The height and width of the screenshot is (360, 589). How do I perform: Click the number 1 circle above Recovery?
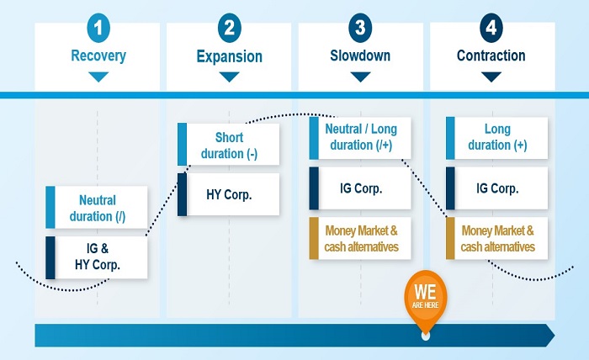tap(98, 28)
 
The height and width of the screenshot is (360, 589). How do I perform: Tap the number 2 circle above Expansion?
tap(229, 28)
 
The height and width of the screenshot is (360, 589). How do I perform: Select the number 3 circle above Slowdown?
tap(360, 28)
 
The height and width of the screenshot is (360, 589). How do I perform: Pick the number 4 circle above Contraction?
tap(491, 28)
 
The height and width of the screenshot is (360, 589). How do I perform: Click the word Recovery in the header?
tap(98, 56)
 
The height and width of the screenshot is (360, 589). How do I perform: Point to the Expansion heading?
tap(229, 57)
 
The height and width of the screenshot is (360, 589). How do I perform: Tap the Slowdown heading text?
tap(360, 56)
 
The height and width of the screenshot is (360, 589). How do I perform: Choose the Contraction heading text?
tap(491, 56)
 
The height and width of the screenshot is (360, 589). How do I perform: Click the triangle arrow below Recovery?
tap(98, 77)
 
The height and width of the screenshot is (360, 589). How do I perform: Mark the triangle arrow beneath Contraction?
tap(491, 77)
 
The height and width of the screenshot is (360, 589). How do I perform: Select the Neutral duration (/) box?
tap(98, 208)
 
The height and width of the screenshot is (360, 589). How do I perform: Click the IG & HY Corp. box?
tap(98, 257)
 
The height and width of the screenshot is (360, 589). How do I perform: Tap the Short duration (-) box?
tap(229, 145)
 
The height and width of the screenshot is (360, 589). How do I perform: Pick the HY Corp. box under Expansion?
tap(229, 194)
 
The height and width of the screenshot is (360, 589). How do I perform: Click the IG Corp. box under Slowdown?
tap(360, 188)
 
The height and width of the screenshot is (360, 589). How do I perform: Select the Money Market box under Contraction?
tap(497, 238)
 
